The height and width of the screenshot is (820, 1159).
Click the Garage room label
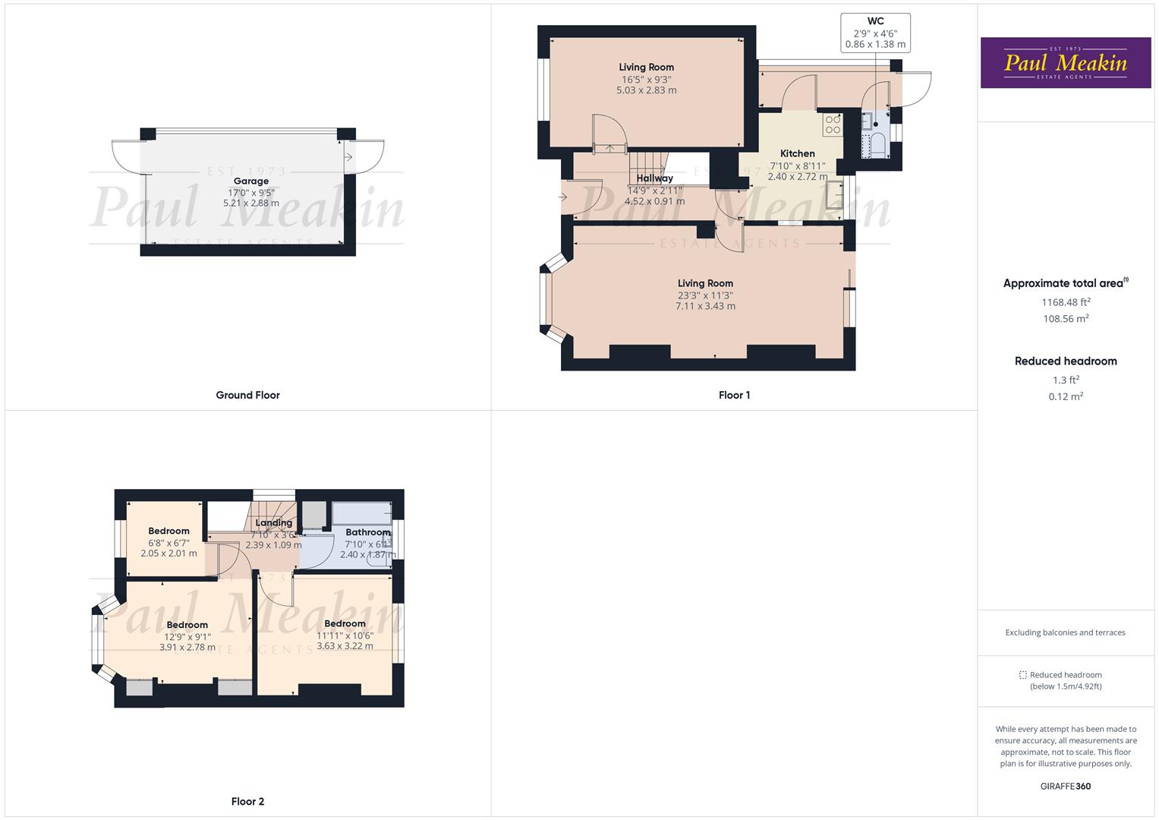(x=251, y=181)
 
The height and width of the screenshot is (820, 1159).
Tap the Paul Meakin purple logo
(x=1065, y=63)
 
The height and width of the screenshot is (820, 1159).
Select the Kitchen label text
(x=797, y=153)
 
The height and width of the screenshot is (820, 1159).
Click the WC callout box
(x=875, y=33)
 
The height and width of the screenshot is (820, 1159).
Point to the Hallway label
(x=654, y=178)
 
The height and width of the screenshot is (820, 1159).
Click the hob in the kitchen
(x=833, y=125)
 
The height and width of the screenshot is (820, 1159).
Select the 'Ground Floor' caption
(x=247, y=395)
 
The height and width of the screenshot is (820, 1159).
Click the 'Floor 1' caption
(x=734, y=395)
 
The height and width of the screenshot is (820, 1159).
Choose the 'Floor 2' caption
(x=247, y=801)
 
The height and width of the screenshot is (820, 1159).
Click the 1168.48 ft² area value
(x=1066, y=301)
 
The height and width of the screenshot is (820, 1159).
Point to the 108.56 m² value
(x=1066, y=319)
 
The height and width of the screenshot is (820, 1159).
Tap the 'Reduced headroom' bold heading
(x=1066, y=361)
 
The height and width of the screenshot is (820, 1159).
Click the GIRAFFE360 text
(x=1065, y=786)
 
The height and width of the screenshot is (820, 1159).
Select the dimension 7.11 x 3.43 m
(x=705, y=306)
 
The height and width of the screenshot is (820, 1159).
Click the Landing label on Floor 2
(x=273, y=522)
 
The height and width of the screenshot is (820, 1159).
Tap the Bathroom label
(x=367, y=532)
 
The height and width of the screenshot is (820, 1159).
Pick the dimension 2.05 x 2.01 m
(x=168, y=553)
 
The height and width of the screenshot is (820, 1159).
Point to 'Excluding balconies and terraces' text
(x=1065, y=632)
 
